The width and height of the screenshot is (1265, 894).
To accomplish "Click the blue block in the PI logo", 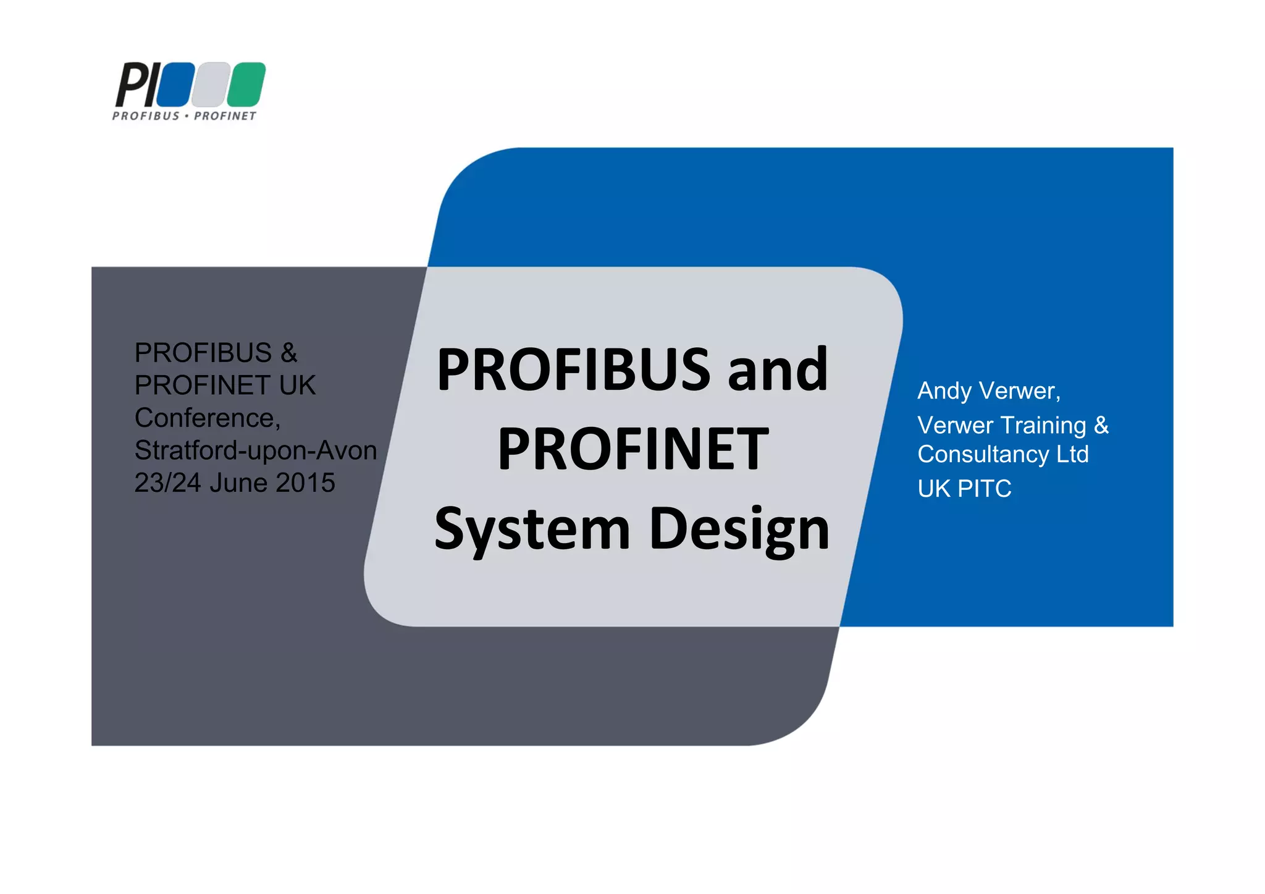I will coord(175,84).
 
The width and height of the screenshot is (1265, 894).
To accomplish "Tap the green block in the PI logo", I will coord(246,84).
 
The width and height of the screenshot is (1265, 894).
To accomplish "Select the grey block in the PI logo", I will coord(210,84).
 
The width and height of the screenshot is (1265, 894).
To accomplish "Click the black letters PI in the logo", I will coord(137,85).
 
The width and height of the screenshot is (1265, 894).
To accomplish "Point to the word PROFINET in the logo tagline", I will coord(225,116).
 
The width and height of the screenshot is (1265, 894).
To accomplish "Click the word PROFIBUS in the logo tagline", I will coord(146,116).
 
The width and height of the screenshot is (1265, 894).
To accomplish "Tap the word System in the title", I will coord(532,529).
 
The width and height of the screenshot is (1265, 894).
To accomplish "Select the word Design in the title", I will coord(739,530).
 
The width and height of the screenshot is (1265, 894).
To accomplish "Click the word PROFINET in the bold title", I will coord(633,449).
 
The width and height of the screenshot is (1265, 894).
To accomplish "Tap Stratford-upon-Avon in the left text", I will coord(256,450).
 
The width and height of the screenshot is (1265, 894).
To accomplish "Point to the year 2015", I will coord(305,483).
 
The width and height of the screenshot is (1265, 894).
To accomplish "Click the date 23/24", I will coord(168,483).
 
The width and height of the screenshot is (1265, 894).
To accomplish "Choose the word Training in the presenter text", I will coord(1043,425).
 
